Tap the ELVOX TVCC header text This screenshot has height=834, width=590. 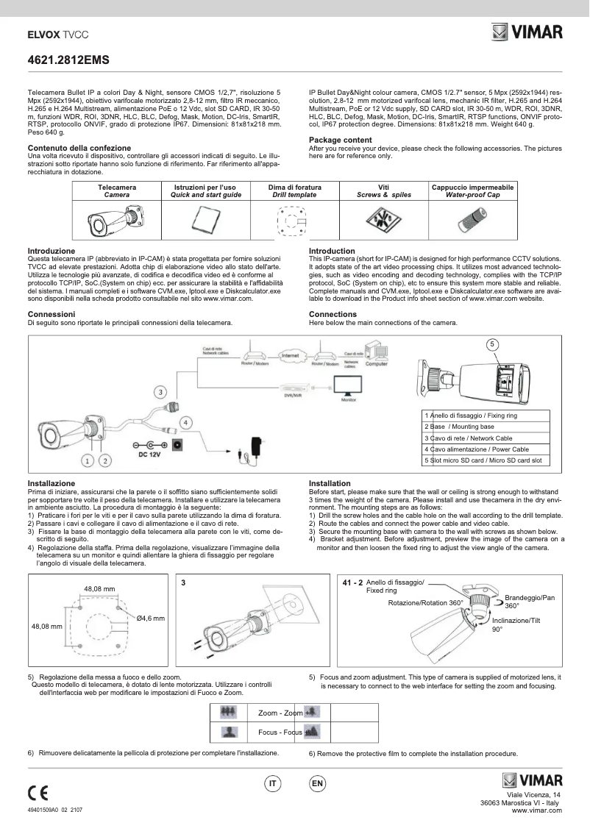click(57, 35)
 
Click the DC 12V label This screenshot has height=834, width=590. click(150, 455)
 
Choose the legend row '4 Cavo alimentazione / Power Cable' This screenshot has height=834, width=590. click(486, 449)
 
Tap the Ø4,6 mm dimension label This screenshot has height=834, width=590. click(150, 618)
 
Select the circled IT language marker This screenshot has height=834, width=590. click(272, 784)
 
